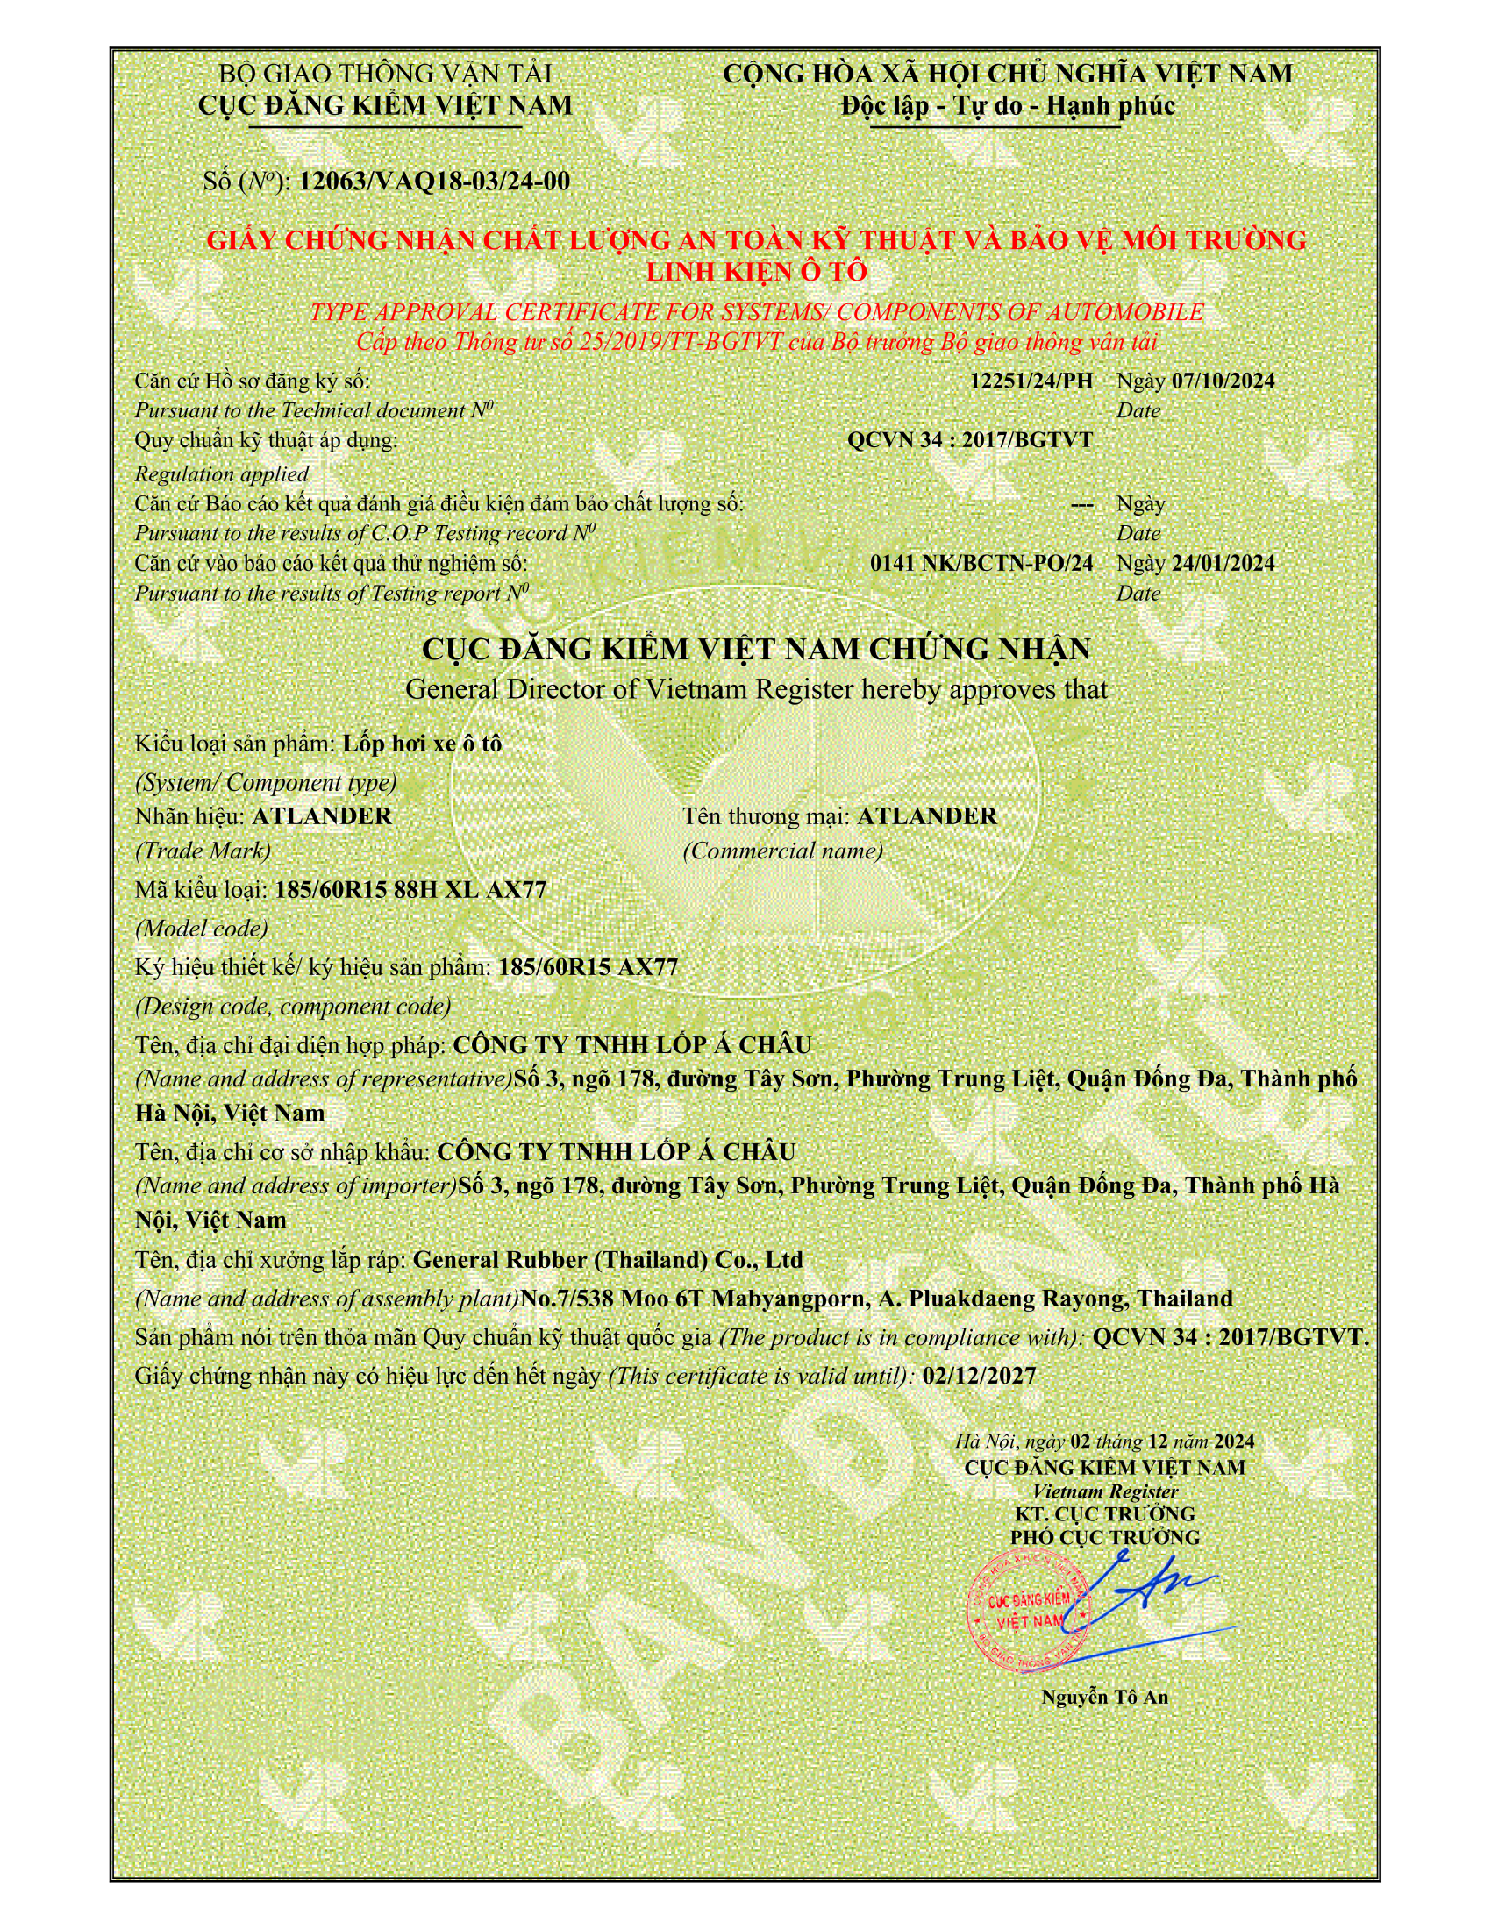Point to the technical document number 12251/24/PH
1031,381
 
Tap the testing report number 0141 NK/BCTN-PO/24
981,563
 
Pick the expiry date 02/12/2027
978,1376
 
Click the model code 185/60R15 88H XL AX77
410,889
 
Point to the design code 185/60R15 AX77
589,967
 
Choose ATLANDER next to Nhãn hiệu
322,815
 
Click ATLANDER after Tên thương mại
926,815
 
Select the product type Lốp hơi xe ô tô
422,744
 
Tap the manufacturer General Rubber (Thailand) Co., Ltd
608,1259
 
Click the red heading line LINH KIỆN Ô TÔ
757,271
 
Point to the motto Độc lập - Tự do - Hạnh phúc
1008,106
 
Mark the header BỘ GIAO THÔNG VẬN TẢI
385,74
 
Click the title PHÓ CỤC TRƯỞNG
1105,1537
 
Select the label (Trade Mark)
203,851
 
